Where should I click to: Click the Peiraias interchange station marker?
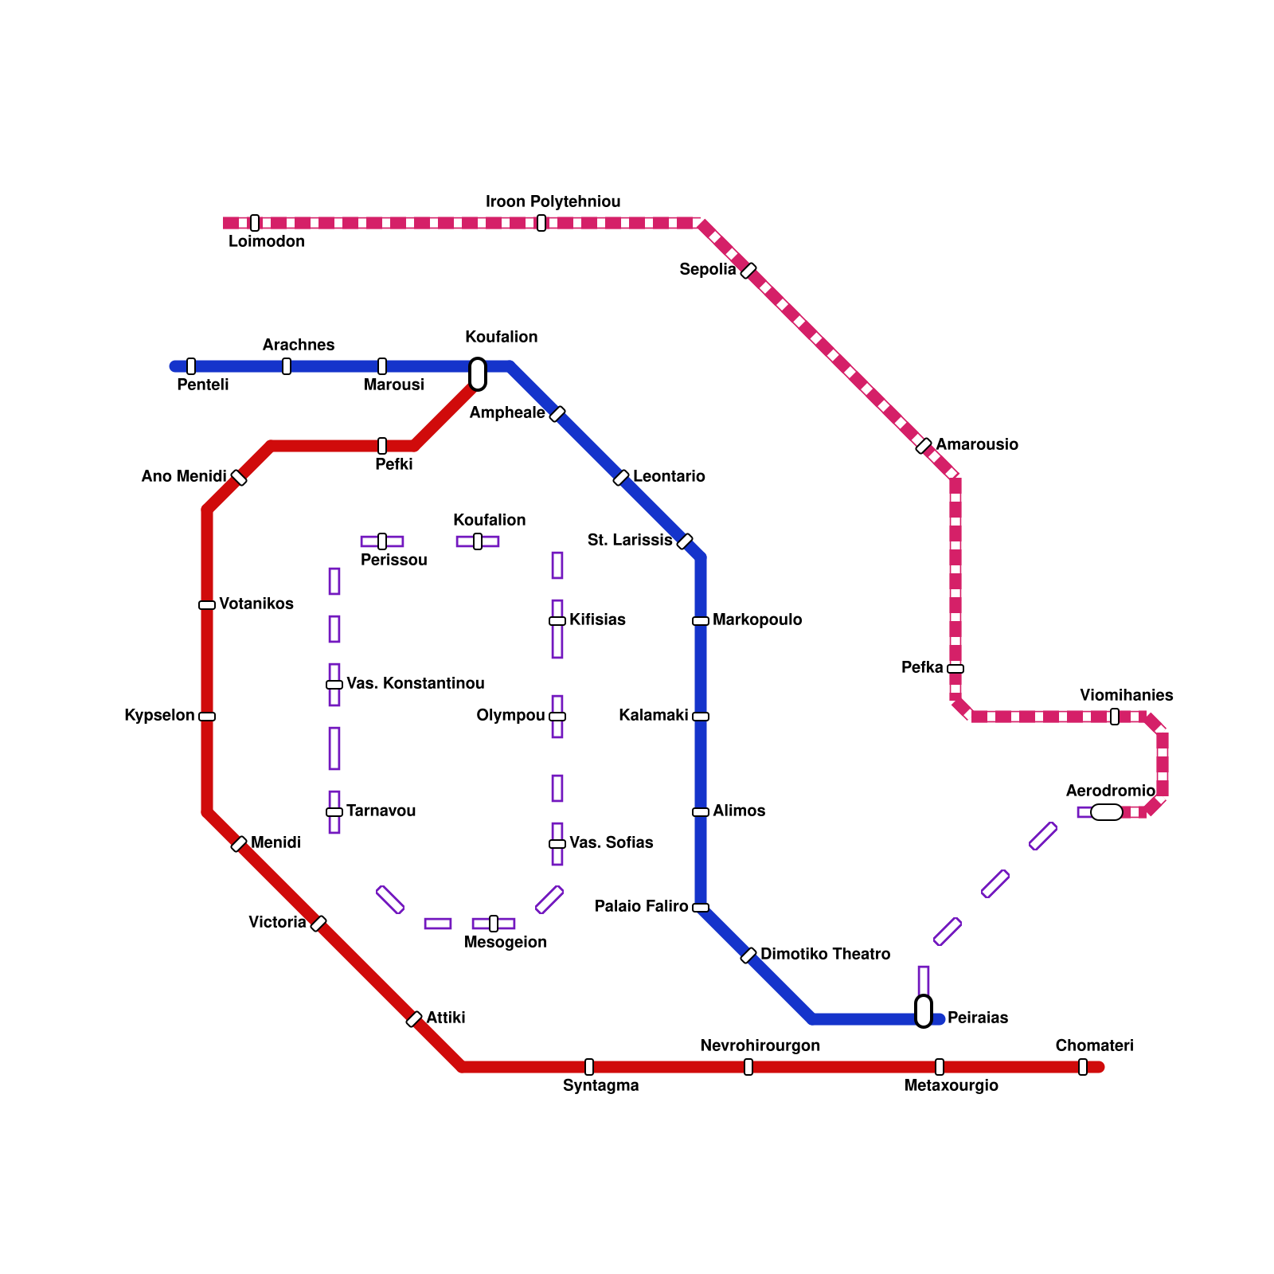(x=924, y=1011)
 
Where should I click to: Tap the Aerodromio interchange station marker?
(x=1106, y=812)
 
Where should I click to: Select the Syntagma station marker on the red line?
(x=589, y=1067)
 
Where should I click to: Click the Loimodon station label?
(x=266, y=242)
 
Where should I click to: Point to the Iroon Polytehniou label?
(x=553, y=202)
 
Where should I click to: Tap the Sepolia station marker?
(x=748, y=271)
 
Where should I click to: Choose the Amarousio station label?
(x=976, y=445)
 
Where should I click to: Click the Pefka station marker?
(x=955, y=669)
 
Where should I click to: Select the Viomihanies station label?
(x=1126, y=696)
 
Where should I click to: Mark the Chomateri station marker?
(x=1083, y=1067)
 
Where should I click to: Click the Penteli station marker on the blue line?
(x=191, y=366)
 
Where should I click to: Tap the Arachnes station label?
(x=299, y=346)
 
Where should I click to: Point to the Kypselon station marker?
(x=207, y=717)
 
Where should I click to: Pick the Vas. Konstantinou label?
(x=415, y=684)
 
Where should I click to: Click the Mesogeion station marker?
(x=494, y=924)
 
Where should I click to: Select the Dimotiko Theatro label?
(x=825, y=955)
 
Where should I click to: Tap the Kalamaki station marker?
(x=701, y=717)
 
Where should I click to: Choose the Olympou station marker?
(x=557, y=717)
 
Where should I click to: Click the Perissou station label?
(x=393, y=561)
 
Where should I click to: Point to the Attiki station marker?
(x=414, y=1019)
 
